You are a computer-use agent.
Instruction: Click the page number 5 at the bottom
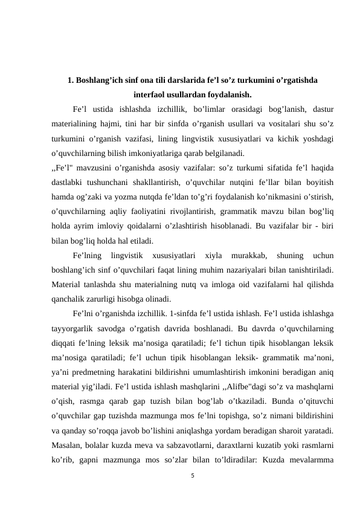coord(191,476)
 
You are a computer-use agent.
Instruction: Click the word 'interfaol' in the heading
coord(149,95)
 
